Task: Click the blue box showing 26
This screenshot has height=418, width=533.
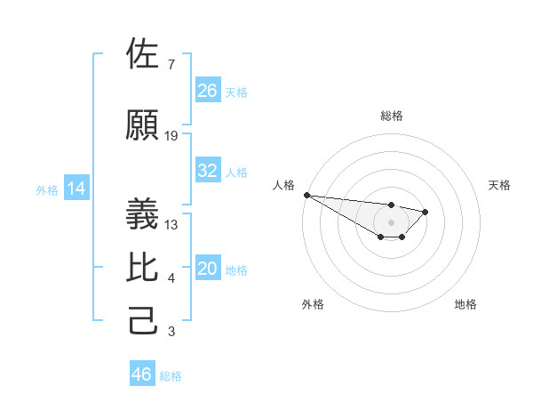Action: click(x=208, y=90)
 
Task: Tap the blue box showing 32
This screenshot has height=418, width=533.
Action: click(x=208, y=171)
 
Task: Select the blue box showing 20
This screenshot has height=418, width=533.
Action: click(x=208, y=269)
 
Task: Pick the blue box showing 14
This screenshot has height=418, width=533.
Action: click(x=76, y=189)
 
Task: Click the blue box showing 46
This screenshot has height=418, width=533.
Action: click(x=142, y=374)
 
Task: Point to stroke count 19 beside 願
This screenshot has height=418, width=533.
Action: click(x=171, y=136)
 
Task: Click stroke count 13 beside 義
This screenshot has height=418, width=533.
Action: click(x=171, y=224)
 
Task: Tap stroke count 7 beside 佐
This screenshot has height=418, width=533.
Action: click(x=171, y=64)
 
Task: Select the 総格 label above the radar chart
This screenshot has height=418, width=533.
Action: click(x=391, y=116)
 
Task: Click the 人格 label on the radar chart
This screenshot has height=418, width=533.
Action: click(x=283, y=185)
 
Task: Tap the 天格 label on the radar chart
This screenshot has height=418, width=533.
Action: click(x=499, y=185)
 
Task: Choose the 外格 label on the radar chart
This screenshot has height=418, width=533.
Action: click(x=313, y=304)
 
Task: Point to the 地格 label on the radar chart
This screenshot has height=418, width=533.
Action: click(x=465, y=304)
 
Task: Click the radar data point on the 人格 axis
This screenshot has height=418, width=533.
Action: click(x=306, y=195)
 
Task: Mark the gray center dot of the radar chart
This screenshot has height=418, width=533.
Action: click(x=391, y=222)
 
